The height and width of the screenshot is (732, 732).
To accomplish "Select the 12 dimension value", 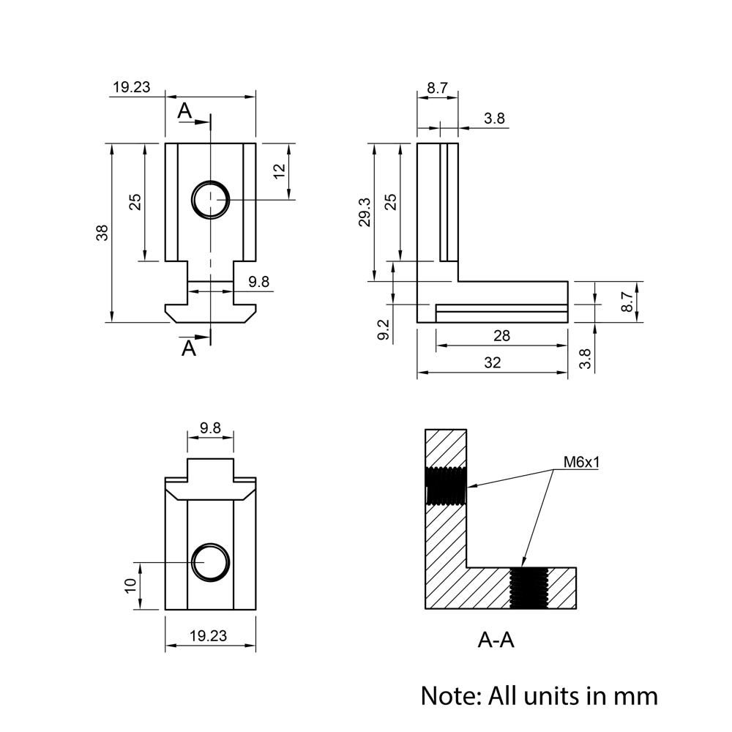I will tap(278, 171).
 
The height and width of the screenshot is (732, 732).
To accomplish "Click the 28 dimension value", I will tap(501, 336).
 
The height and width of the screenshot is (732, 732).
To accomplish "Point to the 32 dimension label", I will tap(493, 362).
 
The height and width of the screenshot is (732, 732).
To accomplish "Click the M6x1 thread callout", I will tap(581, 462).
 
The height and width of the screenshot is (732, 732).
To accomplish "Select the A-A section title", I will tap(496, 640).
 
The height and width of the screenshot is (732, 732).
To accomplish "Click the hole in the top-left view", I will tap(211, 198).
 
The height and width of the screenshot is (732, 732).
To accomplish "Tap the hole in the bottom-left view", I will tap(211, 562).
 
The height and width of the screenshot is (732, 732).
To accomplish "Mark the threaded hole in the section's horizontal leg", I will tap(529, 589).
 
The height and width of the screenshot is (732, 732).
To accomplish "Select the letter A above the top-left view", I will tap(185, 111).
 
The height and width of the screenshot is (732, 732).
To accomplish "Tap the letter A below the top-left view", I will tap(189, 348).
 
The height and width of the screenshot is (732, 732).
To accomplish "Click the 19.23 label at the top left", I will tap(131, 87).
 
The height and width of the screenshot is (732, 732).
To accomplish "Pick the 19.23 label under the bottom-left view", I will tap(208, 636).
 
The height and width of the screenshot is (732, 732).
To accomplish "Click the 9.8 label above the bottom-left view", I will tap(210, 428).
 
